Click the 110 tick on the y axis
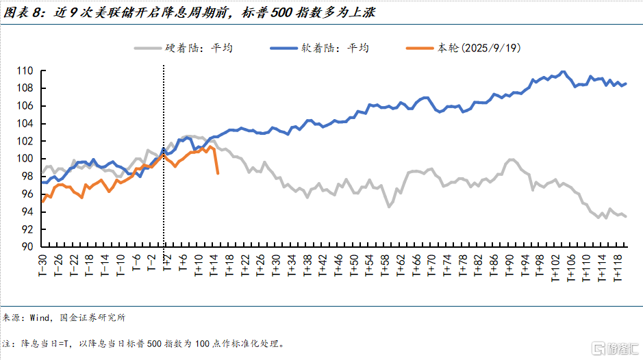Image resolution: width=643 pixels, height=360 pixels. point(25,70)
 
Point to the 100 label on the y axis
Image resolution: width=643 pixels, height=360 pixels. point(25,159)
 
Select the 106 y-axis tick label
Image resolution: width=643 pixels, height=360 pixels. point(25,105)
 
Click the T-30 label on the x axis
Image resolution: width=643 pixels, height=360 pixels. point(42,264)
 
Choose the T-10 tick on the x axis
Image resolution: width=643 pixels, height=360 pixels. point(120,264)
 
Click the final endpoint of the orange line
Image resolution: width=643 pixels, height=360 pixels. point(218,173)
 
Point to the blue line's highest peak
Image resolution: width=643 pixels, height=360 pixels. point(563,71)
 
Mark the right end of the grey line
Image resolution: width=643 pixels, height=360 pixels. point(626,216)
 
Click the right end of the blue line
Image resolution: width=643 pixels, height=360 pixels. point(626,83)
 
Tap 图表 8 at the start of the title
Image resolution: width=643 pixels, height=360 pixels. point(20,12)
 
